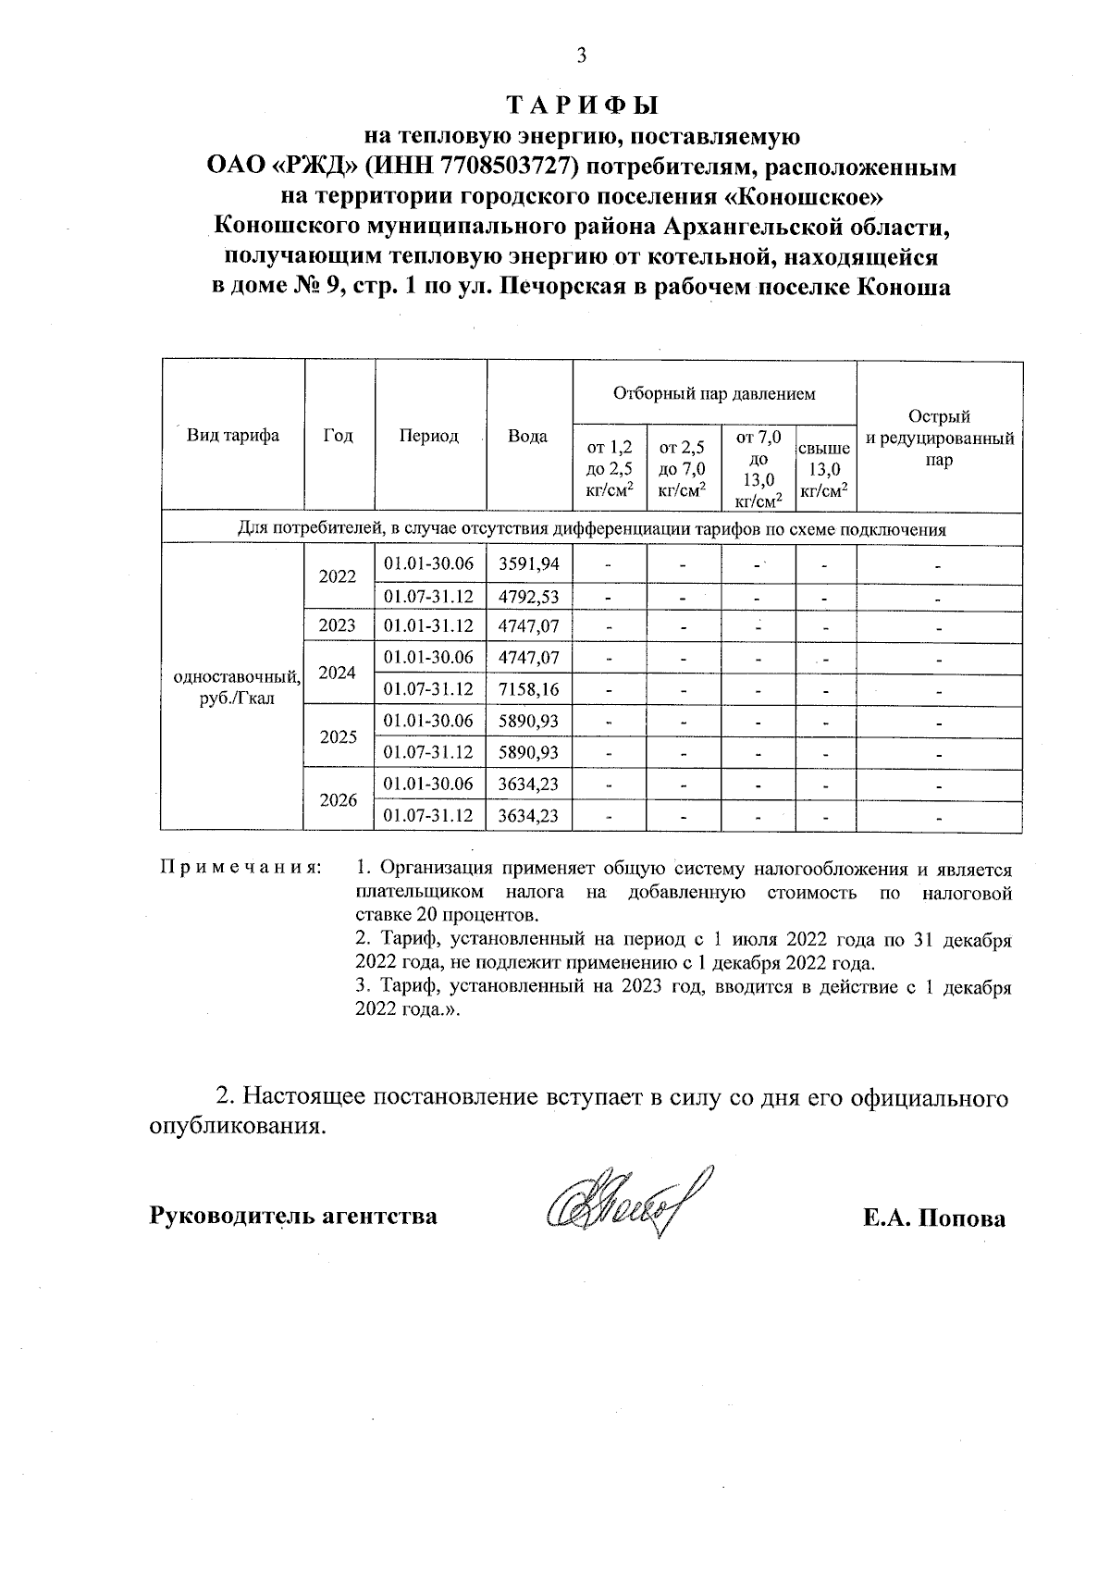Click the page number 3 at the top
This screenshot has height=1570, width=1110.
[581, 56]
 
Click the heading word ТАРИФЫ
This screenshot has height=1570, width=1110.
[582, 104]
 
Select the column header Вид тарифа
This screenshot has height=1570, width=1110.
[233, 436]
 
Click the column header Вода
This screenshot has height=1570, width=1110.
[528, 436]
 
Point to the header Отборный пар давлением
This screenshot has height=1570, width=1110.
[714, 394]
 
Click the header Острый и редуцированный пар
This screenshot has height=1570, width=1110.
[940, 438]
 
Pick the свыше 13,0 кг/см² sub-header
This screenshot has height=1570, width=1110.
[824, 469]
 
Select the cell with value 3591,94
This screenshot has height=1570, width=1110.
[528, 563]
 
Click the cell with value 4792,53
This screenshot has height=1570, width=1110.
[528, 596]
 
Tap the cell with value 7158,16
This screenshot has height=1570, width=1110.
[528, 689]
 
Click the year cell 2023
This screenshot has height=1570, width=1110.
[338, 625]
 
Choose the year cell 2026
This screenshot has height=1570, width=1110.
[338, 799]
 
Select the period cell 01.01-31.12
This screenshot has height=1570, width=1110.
[428, 625]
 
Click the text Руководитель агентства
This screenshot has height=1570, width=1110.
[293, 1215]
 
